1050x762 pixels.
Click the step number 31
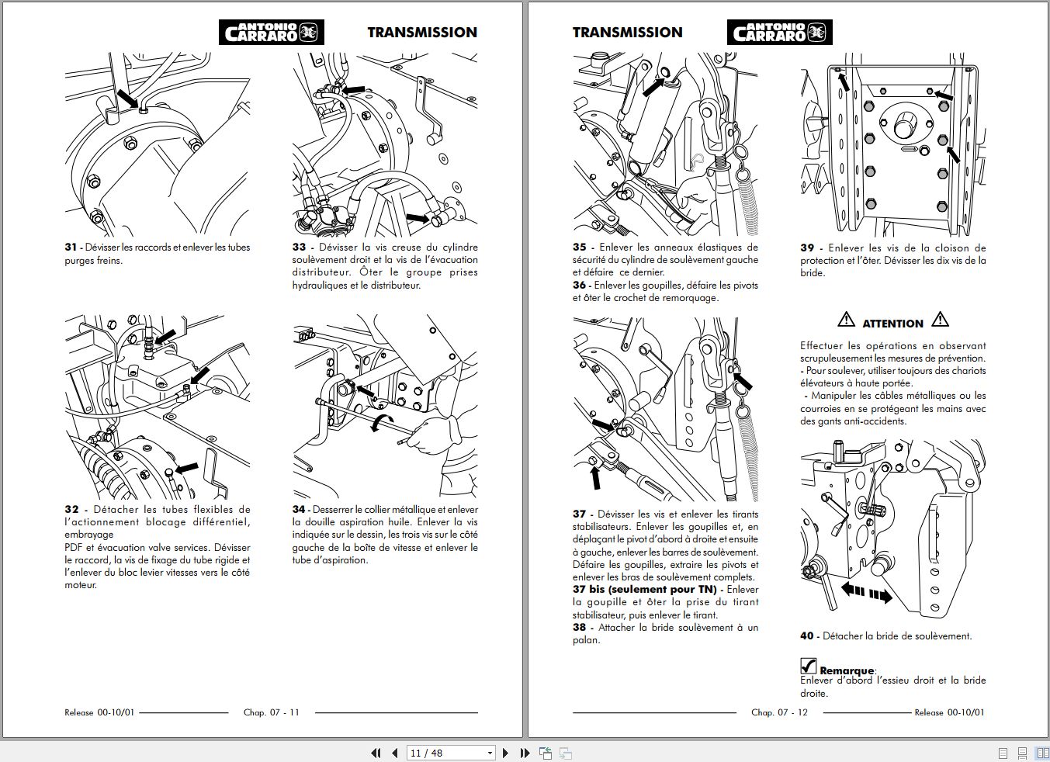pyautogui.click(x=71, y=248)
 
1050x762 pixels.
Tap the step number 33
pyautogui.click(x=299, y=248)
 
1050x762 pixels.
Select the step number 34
pyautogui.click(x=299, y=510)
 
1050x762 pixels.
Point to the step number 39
pyautogui.click(x=807, y=248)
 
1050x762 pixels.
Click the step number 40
pyautogui.click(x=807, y=636)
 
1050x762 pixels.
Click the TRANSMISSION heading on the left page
pyautogui.click(x=421, y=33)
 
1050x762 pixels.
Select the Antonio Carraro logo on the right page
pyautogui.click(x=779, y=33)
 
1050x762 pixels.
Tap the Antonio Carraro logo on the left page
pyautogui.click(x=271, y=33)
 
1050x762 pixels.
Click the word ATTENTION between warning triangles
pyautogui.click(x=892, y=324)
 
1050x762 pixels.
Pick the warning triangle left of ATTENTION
pyautogui.click(x=846, y=319)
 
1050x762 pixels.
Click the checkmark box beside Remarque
pyautogui.click(x=808, y=667)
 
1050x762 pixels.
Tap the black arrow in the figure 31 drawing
pyautogui.click(x=126, y=99)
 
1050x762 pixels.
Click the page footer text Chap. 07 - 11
pyautogui.click(x=271, y=712)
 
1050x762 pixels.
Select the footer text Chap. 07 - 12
pyautogui.click(x=779, y=712)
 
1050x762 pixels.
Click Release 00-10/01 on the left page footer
pyautogui.click(x=99, y=712)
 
